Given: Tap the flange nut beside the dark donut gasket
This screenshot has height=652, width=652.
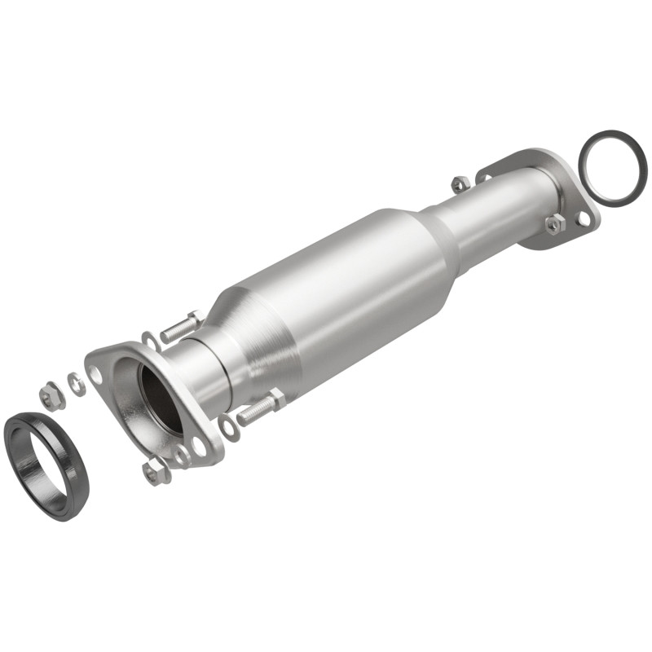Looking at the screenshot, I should click(51, 396).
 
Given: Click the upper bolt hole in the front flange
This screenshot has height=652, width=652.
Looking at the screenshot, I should click(97, 373).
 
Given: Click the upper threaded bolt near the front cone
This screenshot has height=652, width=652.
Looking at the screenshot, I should click(181, 328).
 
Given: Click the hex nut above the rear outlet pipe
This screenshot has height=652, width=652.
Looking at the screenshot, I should click(460, 183).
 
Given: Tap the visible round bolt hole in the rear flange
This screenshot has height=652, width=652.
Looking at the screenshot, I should click(584, 219).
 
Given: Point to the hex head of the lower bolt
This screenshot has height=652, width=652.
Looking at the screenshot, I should click(276, 399).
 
